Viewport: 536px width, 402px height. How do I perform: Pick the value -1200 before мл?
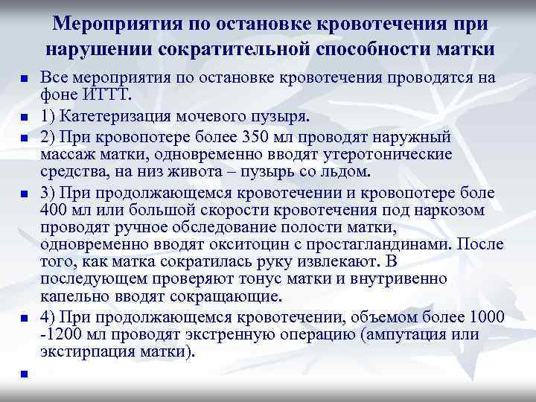point(59,334)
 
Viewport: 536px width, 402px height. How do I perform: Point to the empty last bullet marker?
point(24,374)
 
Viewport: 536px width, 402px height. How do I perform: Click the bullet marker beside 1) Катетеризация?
point(24,118)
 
